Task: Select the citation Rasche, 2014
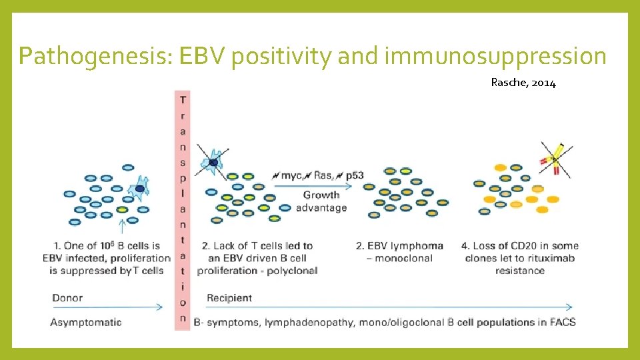click(x=523, y=83)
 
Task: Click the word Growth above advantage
click(x=321, y=195)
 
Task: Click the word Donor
click(x=68, y=297)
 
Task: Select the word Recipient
click(x=229, y=297)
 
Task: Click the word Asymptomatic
click(x=86, y=322)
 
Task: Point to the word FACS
click(x=561, y=322)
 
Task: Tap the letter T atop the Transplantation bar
click(x=183, y=99)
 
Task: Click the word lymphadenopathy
click(x=310, y=322)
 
